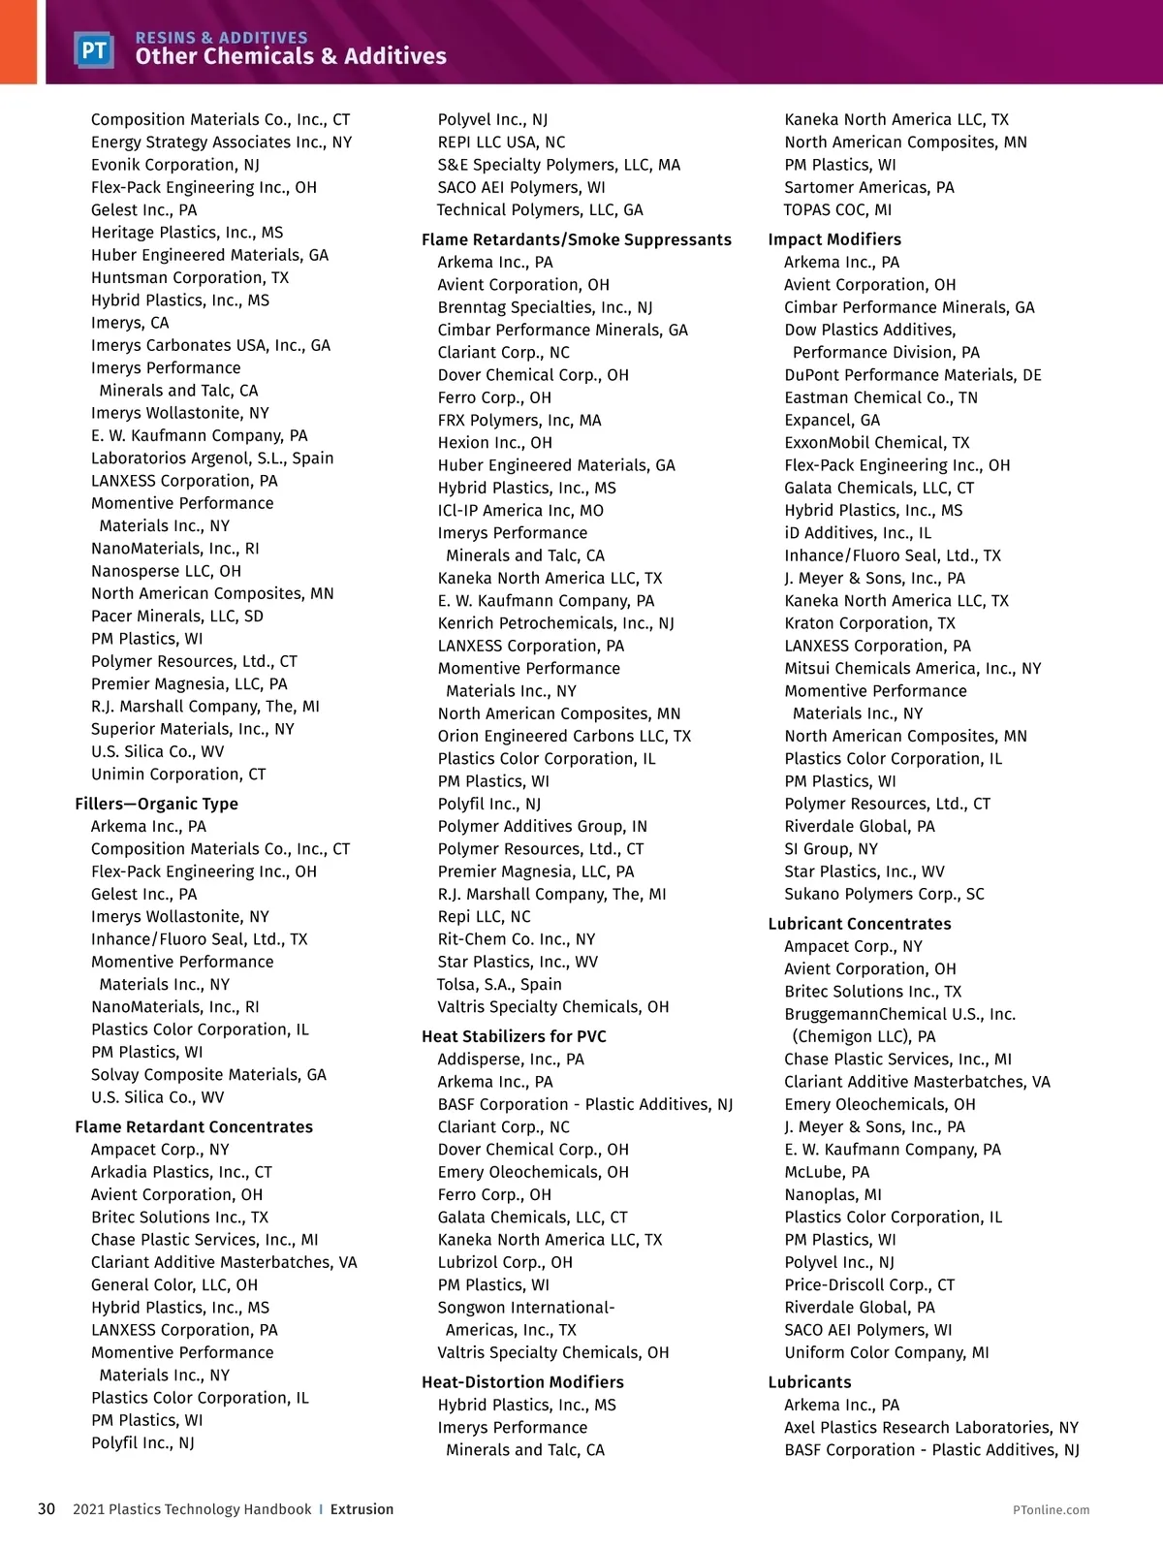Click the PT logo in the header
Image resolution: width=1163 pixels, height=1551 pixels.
coord(94,49)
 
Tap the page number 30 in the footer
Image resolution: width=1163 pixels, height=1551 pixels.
coord(47,1509)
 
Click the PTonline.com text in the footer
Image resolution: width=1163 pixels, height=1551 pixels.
coord(1051,1509)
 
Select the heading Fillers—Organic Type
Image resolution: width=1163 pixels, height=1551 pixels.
coord(156,804)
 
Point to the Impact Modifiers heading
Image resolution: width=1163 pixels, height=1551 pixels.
coord(834,239)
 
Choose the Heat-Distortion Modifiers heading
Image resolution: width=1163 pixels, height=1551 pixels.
coord(522,1382)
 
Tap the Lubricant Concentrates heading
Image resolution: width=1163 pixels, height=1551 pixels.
coord(860,924)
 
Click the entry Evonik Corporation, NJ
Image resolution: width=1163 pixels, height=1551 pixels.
coord(175,165)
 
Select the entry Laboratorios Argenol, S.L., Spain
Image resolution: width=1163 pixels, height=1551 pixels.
coord(212,459)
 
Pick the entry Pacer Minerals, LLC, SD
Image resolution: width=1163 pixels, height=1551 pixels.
coord(177,617)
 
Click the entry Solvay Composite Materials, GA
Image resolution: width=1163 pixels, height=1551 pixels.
coord(208,1075)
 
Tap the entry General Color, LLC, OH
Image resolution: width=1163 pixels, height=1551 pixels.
coord(174,1285)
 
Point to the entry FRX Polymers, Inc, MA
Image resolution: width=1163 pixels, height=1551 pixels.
coord(519,421)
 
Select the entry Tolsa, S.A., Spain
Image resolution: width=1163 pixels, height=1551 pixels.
coord(499,985)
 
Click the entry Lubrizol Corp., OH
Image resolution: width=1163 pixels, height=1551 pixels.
coord(505,1262)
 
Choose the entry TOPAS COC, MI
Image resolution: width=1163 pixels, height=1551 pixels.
coord(838,210)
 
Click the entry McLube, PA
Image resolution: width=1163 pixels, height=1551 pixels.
coord(827,1172)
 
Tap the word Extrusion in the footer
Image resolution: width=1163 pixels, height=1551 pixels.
coord(361,1509)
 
